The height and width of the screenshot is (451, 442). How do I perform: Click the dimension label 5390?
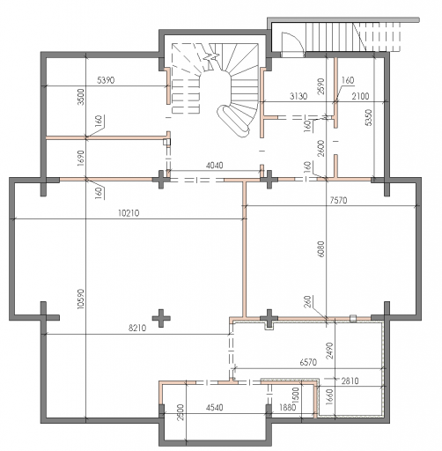pyautogui.click(x=106, y=80)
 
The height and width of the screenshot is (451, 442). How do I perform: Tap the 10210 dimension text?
pyautogui.click(x=129, y=213)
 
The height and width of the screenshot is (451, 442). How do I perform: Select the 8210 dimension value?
pyautogui.click(x=137, y=328)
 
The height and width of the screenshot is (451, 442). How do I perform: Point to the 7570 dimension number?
pyautogui.click(x=338, y=200)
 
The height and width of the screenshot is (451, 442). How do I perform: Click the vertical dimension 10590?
pyautogui.click(x=80, y=299)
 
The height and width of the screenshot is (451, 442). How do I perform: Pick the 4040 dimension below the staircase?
pyautogui.click(x=214, y=166)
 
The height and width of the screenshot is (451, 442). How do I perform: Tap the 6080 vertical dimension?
pyautogui.click(x=321, y=249)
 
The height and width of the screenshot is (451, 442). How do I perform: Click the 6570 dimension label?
pyautogui.click(x=308, y=362)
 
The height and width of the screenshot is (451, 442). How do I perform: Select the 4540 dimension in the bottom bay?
pyautogui.click(x=214, y=407)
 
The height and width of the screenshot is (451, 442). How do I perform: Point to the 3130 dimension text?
pyautogui.click(x=298, y=96)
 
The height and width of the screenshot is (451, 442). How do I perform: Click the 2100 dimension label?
pyautogui.click(x=360, y=96)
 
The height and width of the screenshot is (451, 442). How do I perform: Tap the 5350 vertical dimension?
pyautogui.click(x=369, y=117)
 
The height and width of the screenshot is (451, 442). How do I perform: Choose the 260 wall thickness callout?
pyautogui.click(x=307, y=301)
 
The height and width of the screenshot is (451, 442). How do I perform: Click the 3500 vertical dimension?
pyautogui.click(x=80, y=97)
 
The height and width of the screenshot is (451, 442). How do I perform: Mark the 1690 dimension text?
pyautogui.click(x=80, y=158)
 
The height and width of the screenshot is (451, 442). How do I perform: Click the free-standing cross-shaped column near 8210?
pyautogui.click(x=161, y=318)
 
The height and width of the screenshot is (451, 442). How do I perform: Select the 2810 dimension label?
pyautogui.click(x=350, y=381)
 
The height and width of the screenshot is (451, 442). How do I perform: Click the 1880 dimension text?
pyautogui.click(x=287, y=407)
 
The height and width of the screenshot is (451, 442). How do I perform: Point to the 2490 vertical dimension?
pyautogui.click(x=330, y=351)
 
